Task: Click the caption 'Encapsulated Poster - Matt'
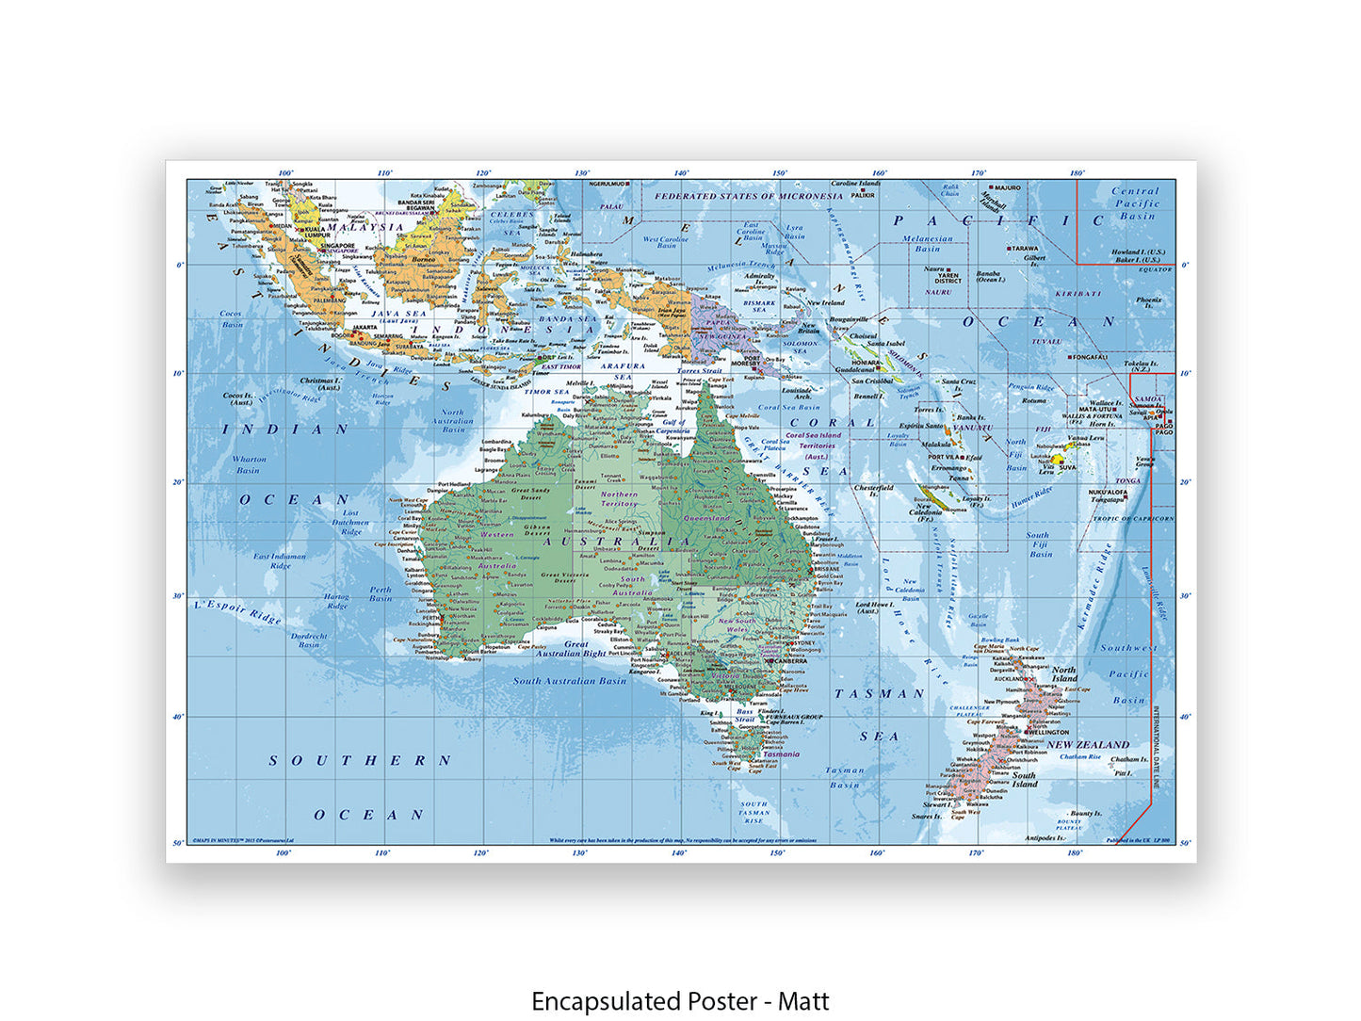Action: click(680, 1000)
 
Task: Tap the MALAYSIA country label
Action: click(365, 227)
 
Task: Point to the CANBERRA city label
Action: click(789, 661)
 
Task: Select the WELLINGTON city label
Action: click(1048, 732)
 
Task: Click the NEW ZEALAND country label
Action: click(1088, 745)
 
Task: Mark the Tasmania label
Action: click(782, 754)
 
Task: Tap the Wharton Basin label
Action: click(249, 464)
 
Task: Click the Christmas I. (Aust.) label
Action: click(320, 384)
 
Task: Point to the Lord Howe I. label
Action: click(874, 607)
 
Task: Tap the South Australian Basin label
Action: click(569, 681)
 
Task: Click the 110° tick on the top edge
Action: click(384, 173)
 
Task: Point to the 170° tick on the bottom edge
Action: click(977, 853)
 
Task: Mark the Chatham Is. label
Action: click(1129, 759)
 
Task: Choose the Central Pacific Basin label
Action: click(1136, 203)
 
